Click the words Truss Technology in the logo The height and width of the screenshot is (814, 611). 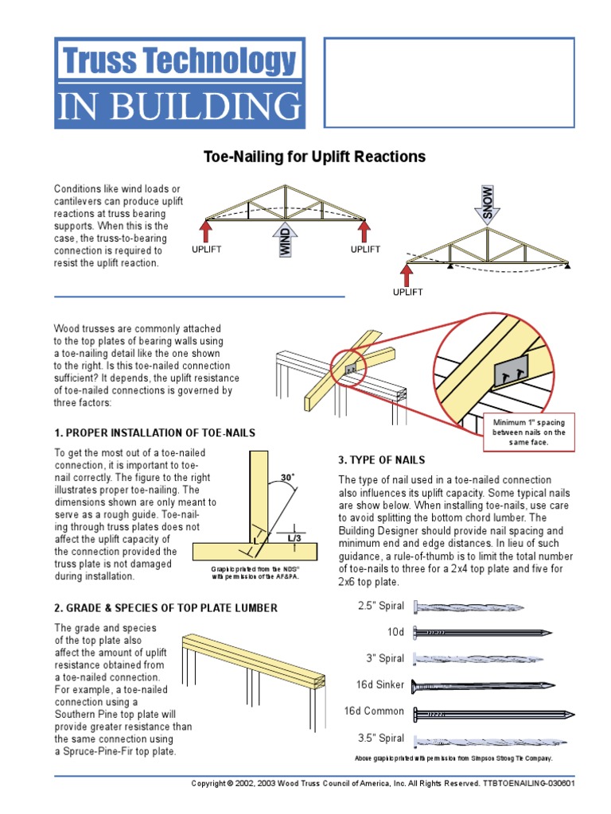pos(178,61)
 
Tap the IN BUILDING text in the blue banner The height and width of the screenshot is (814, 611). pos(178,107)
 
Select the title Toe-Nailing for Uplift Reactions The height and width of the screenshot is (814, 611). pos(315,157)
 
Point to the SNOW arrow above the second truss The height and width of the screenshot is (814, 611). pos(488,203)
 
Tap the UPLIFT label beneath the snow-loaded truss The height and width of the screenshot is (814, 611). pos(407,293)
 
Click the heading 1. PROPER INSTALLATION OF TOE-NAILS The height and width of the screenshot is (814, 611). pos(155,432)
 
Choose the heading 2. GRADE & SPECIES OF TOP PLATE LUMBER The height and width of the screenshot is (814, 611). pos(165,608)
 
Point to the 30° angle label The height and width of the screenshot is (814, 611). pos(287,477)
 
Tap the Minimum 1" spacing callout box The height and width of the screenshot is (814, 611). pos(528,432)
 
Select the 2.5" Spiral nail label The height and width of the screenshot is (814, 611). pos(380,606)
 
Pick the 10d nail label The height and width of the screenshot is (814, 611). pos(395,632)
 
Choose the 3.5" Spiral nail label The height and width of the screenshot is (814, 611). pos(380,738)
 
